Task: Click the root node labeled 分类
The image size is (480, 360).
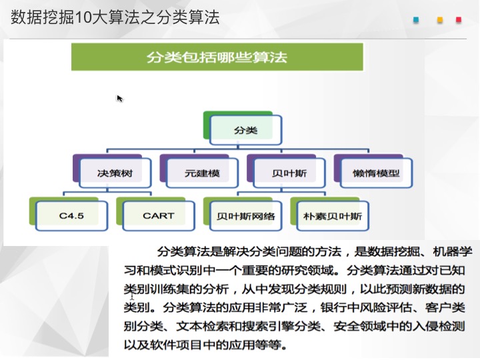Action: tap(245, 130)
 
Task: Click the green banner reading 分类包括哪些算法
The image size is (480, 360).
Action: tap(217, 57)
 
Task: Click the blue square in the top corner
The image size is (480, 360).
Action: tap(416, 20)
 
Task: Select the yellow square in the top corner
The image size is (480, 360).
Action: tap(440, 20)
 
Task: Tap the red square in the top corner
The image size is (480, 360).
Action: tap(459, 20)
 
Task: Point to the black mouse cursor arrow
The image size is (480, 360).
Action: tap(119, 98)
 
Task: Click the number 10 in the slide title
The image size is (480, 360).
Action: tap(82, 17)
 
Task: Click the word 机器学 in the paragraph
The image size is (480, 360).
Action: tap(453, 251)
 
